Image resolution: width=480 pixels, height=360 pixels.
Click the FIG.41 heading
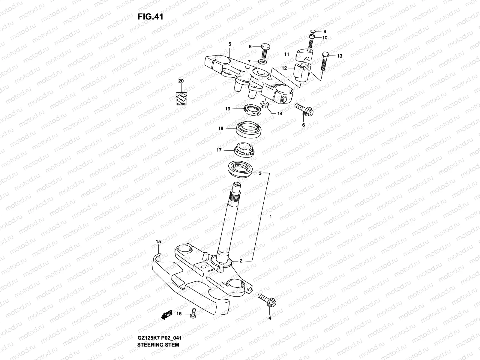click(x=150, y=17)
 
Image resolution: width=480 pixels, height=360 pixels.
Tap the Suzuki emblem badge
click(x=181, y=98)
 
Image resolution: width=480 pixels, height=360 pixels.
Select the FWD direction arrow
click(x=166, y=315)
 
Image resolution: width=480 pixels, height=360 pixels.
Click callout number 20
click(x=181, y=81)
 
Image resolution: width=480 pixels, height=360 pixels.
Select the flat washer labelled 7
click(x=263, y=62)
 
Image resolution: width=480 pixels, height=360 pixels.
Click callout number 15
click(x=158, y=241)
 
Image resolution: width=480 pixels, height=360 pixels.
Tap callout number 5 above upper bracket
click(x=229, y=44)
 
